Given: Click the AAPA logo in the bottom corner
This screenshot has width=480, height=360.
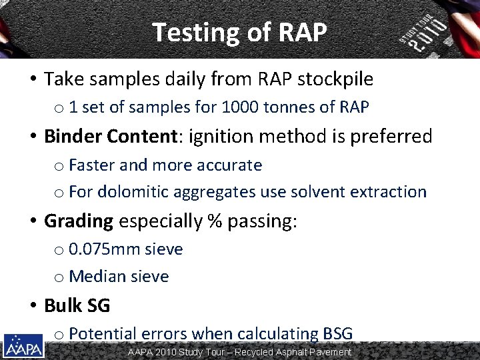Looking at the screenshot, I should [23, 346].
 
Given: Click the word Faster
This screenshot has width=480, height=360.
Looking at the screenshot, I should [91, 165].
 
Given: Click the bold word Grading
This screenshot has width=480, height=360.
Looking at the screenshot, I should [79, 221].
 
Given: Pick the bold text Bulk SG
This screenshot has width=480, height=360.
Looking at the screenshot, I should [77, 306].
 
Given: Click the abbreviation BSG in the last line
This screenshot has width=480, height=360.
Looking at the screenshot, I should [338, 333].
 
